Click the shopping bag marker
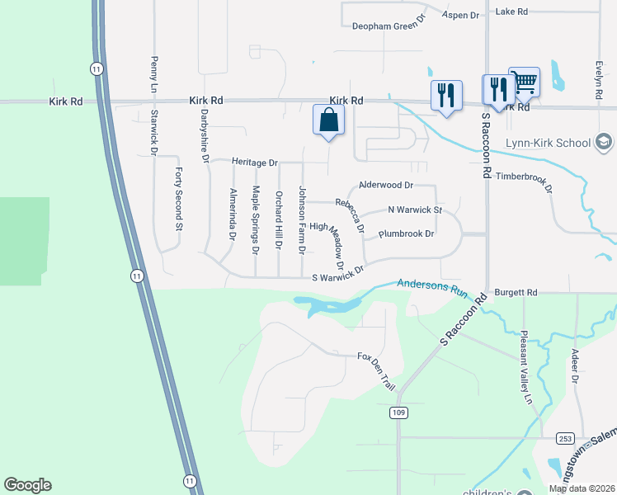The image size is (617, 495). (x=328, y=120)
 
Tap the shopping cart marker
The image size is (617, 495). (x=524, y=82)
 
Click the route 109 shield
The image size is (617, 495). (x=398, y=412)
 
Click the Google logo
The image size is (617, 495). (x=27, y=485)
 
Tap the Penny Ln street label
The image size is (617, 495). (x=153, y=74)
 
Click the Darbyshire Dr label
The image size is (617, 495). (x=204, y=137)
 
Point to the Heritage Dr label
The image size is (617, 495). (x=254, y=162)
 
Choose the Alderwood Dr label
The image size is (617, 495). (x=385, y=186)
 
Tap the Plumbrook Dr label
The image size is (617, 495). (x=406, y=234)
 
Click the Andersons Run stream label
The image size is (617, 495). (x=433, y=286)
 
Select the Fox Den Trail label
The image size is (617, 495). (x=377, y=371)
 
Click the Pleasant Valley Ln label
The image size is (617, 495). (x=525, y=367)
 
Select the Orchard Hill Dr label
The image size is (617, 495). (x=279, y=221)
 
